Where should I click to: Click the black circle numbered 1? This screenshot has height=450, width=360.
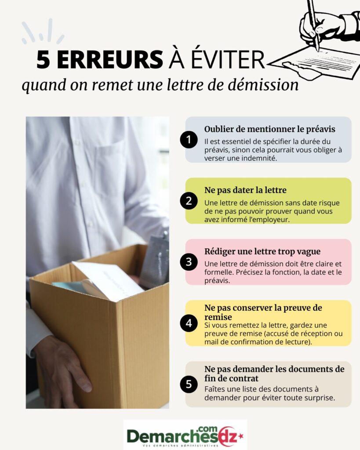point(189,139)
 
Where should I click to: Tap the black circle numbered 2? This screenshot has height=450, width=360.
point(189,200)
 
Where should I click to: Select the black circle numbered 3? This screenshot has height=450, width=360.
point(189,262)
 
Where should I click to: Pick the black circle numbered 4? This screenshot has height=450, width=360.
point(189,323)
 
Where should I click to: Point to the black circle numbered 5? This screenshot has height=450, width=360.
point(189,384)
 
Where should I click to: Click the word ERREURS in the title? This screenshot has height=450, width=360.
point(110,60)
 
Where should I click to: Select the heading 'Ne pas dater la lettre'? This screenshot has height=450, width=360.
point(245,190)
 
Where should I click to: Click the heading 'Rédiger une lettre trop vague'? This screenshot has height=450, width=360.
point(262,251)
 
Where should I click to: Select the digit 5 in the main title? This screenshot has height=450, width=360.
point(44,60)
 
